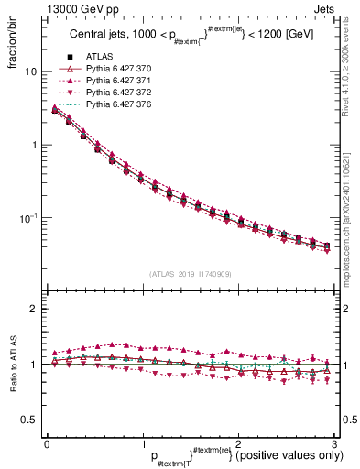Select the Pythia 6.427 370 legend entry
pyautogui.click(x=117, y=70)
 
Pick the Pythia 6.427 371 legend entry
pyautogui.click(x=117, y=82)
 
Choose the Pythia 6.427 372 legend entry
pyautogui.click(x=117, y=93)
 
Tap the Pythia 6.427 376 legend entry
pyautogui.click(x=117, y=105)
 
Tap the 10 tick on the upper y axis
pyautogui.click(x=31, y=71)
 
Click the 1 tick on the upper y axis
pyautogui.click(x=34, y=145)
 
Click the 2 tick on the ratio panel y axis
pyautogui.click(x=34, y=310)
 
